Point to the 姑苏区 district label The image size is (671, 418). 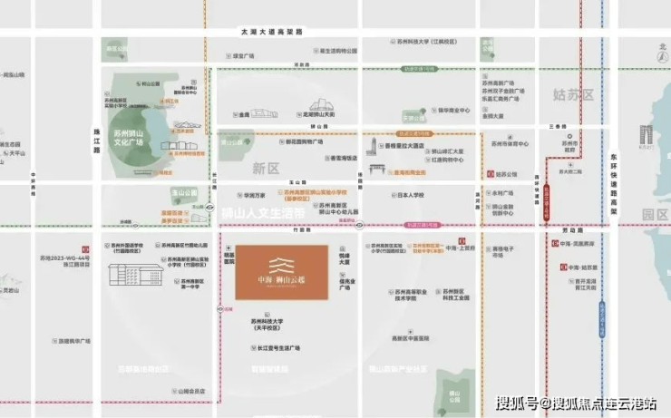click(573, 94)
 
